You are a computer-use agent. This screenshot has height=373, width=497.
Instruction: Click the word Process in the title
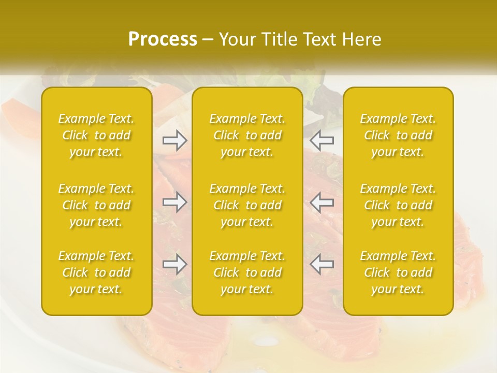(x=163, y=39)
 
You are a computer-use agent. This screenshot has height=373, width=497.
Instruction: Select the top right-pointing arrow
(x=175, y=140)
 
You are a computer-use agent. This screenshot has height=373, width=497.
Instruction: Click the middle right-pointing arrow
(x=175, y=202)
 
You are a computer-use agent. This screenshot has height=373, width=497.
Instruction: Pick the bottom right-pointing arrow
(x=175, y=265)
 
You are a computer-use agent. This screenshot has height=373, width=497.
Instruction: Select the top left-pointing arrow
(x=322, y=140)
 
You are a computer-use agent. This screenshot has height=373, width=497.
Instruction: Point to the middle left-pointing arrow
(x=322, y=202)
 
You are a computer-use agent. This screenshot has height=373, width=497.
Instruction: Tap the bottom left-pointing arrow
(x=322, y=265)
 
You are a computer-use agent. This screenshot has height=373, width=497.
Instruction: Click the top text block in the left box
(x=96, y=135)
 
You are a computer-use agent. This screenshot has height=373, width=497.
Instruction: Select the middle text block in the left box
(x=96, y=205)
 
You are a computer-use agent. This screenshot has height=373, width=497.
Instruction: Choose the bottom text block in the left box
(x=96, y=272)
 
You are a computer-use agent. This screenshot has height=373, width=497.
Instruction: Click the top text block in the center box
(x=247, y=135)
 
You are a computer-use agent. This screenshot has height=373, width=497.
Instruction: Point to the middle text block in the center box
(x=247, y=205)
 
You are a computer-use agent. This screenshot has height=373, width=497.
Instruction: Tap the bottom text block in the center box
(x=247, y=272)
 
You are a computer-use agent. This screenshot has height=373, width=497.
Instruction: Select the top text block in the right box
(x=398, y=135)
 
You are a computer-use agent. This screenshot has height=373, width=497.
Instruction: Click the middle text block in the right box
(x=398, y=205)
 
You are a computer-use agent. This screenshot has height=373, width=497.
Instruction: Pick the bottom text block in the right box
(x=398, y=272)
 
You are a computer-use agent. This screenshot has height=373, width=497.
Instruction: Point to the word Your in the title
(x=237, y=39)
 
